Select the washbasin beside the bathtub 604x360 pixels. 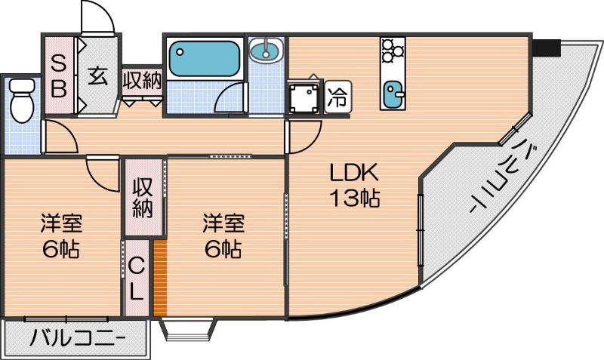(x=265, y=52)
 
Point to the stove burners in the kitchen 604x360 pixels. (x=392, y=51)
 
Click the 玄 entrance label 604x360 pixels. (x=97, y=76)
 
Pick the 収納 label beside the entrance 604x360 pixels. (x=143, y=80)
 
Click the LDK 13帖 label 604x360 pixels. (x=353, y=186)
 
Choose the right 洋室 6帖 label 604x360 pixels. (x=222, y=235)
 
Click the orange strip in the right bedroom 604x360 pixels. (x=159, y=278)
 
